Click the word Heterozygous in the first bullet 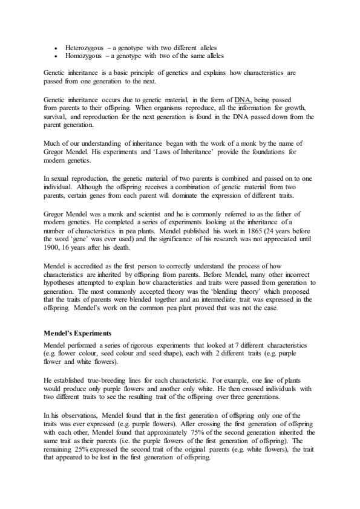pos(83,47)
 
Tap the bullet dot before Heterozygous pos(56,47)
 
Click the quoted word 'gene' pos(83,238)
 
